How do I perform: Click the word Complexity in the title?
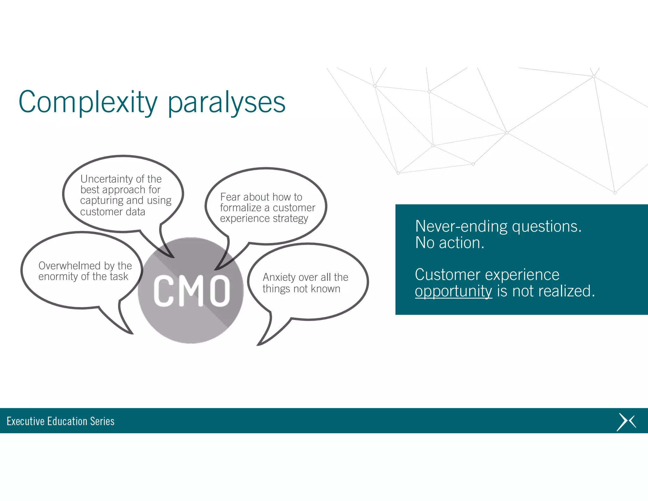pos(88,102)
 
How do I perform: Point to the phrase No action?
pos(449,243)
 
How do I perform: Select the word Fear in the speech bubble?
pos(230,197)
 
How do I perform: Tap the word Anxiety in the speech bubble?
pos(279,277)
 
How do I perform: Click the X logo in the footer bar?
pos(626,422)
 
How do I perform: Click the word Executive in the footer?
pos(25,421)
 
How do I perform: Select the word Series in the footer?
pos(102,421)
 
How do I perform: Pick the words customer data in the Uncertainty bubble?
pos(112,212)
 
